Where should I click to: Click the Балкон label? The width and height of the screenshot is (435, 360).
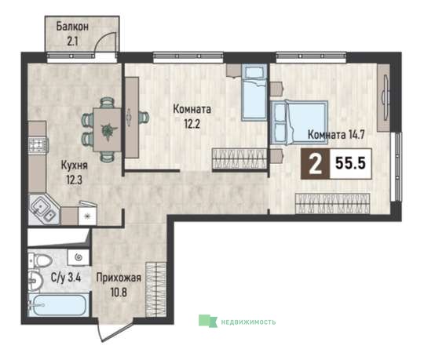[72, 27]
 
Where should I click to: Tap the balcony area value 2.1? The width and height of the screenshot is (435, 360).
[72, 42]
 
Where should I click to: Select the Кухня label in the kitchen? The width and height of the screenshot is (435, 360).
[74, 165]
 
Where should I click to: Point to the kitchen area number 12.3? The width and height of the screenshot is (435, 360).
[74, 180]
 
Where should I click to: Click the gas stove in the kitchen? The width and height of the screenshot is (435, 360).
[38, 145]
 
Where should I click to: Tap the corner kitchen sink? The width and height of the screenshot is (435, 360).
[43, 209]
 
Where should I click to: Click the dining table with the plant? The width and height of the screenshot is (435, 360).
[108, 129]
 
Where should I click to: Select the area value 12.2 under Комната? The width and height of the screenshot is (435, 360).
[192, 124]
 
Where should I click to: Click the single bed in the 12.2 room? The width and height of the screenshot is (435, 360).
[254, 93]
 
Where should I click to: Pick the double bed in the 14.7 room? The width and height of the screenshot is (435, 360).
[299, 122]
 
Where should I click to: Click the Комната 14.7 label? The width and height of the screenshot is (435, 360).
[336, 135]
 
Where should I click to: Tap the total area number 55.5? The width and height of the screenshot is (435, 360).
[351, 163]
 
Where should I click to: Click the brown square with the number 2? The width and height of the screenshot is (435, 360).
[316, 164]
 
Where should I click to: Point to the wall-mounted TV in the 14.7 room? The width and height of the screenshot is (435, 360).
[386, 98]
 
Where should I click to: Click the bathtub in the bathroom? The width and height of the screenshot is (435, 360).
[58, 305]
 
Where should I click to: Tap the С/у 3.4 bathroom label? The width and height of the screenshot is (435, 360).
[66, 277]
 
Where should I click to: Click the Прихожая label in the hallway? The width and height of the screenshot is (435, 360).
[119, 278]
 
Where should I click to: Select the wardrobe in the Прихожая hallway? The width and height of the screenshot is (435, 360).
[156, 289]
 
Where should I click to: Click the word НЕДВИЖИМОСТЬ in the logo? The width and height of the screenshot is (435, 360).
[248, 322]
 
